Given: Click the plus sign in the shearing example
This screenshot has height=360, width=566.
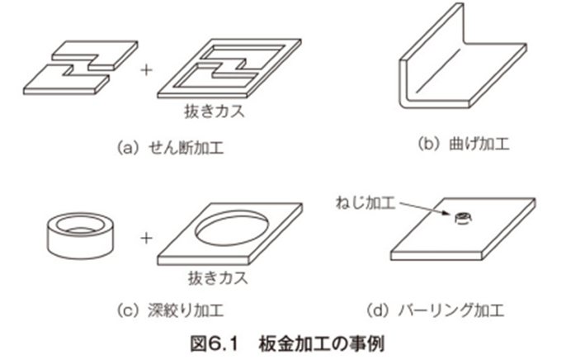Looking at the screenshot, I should click(x=147, y=69).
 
